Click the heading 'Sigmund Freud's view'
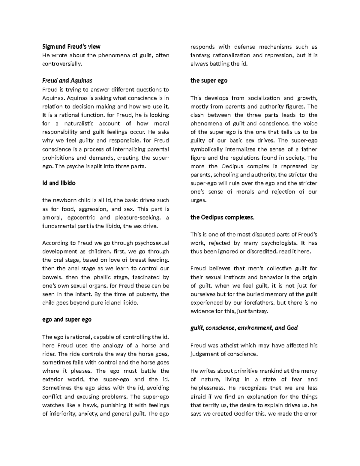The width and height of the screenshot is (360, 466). [71, 47]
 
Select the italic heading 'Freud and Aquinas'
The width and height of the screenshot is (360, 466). [67, 80]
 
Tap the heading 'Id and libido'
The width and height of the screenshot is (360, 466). [59, 183]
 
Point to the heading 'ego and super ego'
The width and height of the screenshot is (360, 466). [67, 320]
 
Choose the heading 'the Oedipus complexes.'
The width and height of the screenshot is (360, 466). [222, 218]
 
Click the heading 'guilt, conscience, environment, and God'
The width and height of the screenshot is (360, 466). [244, 328]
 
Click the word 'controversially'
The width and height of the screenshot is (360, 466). [61, 64]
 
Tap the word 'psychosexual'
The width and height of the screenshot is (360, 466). [152, 243]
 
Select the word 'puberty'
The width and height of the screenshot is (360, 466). [148, 294]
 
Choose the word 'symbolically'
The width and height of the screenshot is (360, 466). [207, 149]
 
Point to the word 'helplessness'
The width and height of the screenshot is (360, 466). [207, 388]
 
